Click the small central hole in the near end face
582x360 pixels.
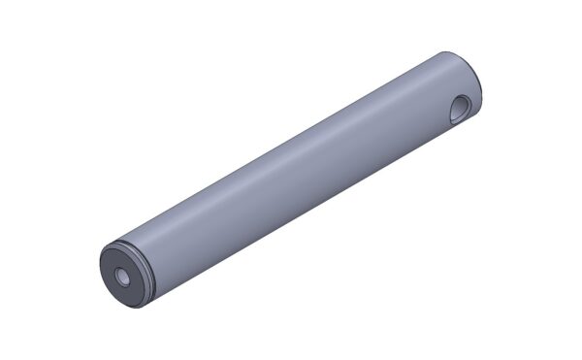[x=124, y=276]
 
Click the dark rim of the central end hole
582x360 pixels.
[x=120, y=277]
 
